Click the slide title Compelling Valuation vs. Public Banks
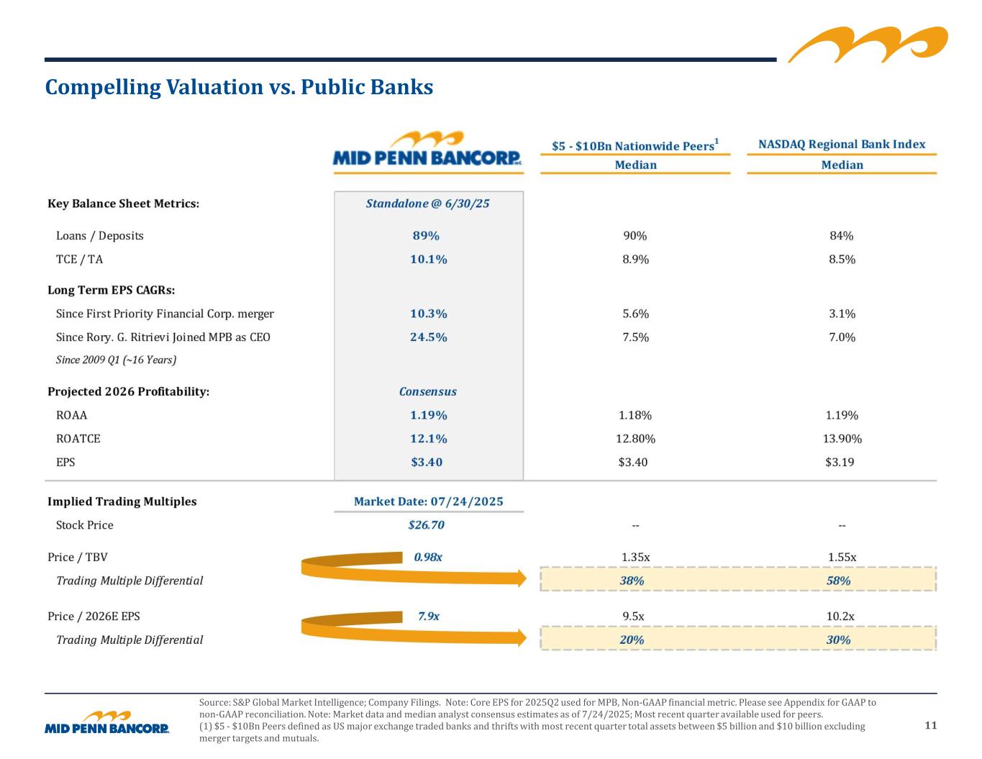(x=239, y=87)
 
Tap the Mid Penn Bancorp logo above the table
(x=428, y=150)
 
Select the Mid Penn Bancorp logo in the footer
(x=107, y=723)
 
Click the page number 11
(x=930, y=725)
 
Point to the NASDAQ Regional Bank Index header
(x=842, y=145)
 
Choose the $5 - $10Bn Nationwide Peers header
(x=635, y=145)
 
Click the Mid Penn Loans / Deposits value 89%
(x=426, y=236)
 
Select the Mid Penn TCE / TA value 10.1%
(x=428, y=259)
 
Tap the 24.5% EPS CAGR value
(x=428, y=337)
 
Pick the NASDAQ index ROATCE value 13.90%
(x=841, y=439)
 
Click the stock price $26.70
(x=426, y=525)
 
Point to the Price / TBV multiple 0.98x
(x=428, y=557)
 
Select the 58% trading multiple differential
(x=839, y=581)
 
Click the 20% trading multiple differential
(x=632, y=640)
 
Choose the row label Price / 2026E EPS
(x=94, y=617)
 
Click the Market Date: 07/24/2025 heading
(x=428, y=501)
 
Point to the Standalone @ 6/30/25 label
(x=427, y=204)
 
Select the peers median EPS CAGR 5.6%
(x=635, y=314)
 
